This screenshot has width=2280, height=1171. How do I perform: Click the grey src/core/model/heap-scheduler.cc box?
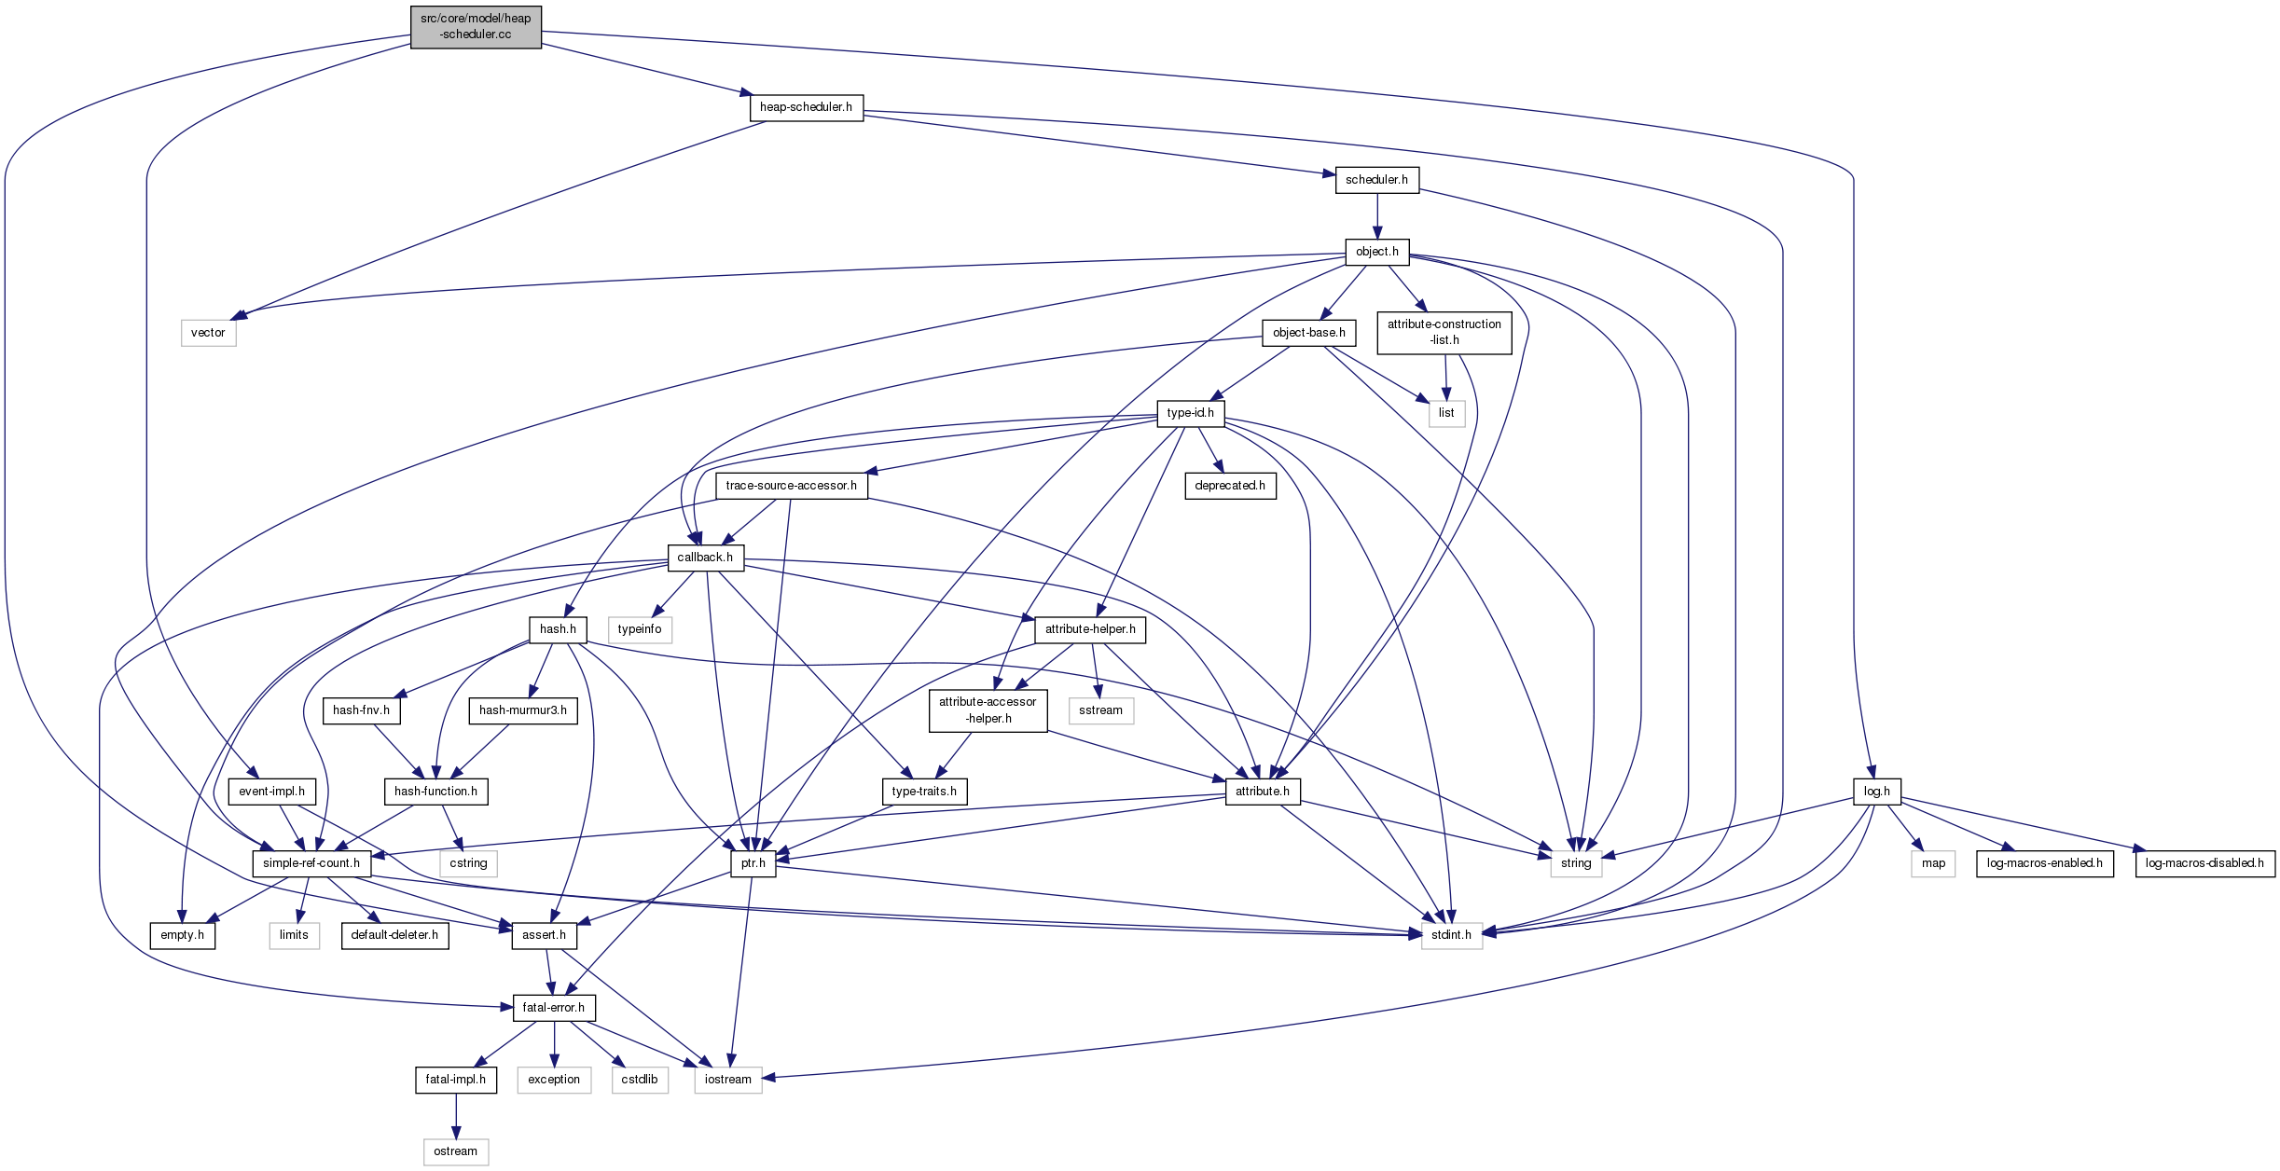tap(476, 27)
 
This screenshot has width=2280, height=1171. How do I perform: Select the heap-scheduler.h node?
tap(806, 107)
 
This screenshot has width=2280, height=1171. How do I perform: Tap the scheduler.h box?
tap(1376, 180)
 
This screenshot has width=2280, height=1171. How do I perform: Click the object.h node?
tap(1376, 252)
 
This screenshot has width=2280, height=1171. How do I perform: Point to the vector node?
tap(208, 333)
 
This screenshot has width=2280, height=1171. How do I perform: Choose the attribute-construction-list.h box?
tap(1444, 333)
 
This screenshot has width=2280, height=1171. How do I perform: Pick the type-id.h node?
tap(1190, 413)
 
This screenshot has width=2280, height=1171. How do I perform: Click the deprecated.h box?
tap(1230, 486)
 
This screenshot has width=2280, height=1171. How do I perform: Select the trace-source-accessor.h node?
tap(791, 486)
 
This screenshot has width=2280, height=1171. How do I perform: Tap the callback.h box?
tap(705, 558)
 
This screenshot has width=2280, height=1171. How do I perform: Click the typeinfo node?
tap(640, 629)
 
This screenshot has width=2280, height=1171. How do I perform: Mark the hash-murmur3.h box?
tap(522, 710)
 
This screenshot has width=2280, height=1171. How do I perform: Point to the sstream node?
tap(1100, 710)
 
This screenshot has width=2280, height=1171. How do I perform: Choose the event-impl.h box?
tap(271, 792)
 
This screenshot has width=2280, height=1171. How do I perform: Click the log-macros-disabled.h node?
tap(2204, 863)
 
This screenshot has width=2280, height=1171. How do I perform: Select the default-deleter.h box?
tap(394, 935)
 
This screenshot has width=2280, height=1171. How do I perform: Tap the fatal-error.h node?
tap(553, 1008)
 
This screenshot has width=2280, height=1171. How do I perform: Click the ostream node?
tap(455, 1151)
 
